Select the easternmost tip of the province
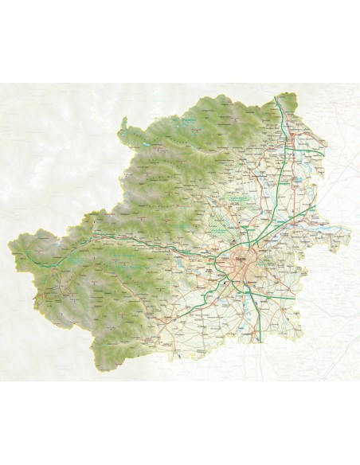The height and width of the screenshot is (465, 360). (x=351, y=232)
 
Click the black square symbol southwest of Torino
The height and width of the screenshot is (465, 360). (x=225, y=281)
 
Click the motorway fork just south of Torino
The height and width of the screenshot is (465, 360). (x=248, y=288)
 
